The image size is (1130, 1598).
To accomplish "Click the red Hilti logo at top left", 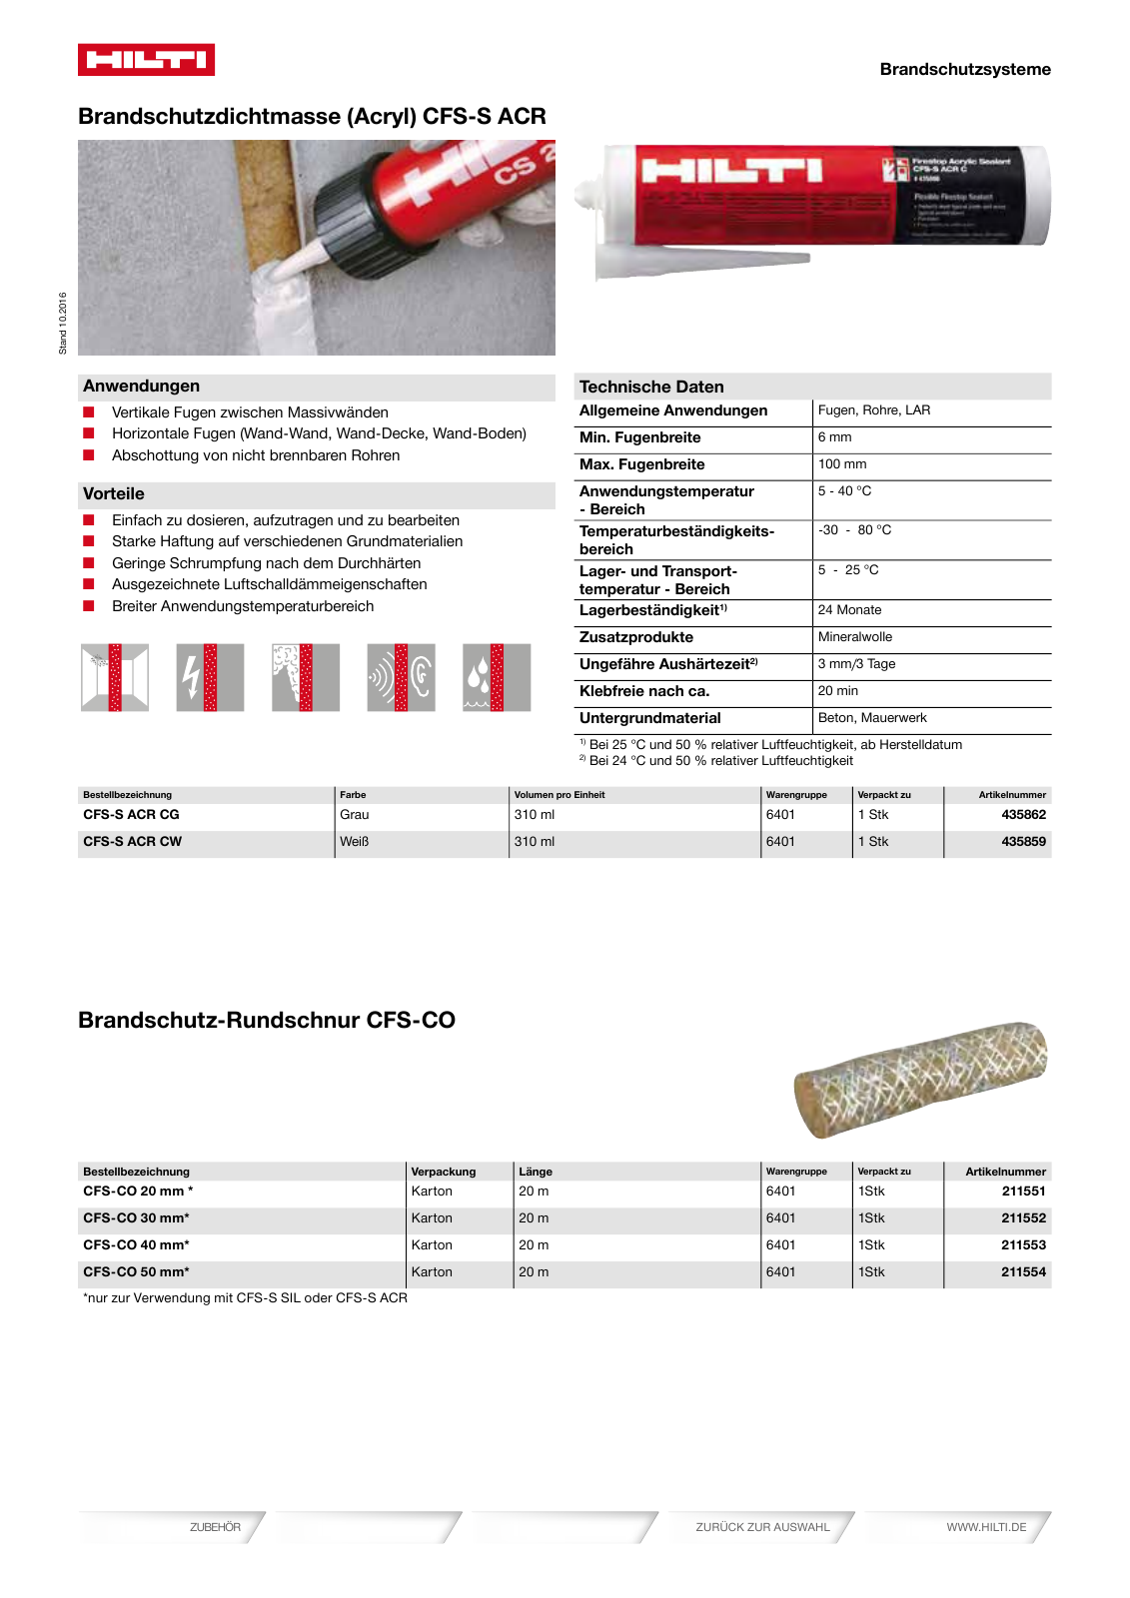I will pyautogui.click(x=146, y=60).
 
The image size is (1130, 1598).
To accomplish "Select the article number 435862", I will pyautogui.click(x=1023, y=815).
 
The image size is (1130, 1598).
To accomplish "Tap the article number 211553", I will pyautogui.click(x=1023, y=1245).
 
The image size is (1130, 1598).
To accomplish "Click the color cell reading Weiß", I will pyautogui.click(x=355, y=842).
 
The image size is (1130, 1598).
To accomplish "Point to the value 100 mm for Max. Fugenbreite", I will pyautogui.click(x=842, y=464).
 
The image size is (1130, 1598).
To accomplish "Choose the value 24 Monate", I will pyautogui.click(x=849, y=610).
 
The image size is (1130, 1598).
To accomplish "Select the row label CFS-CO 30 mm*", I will pyautogui.click(x=136, y=1218).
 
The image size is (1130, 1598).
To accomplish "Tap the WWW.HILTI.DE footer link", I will pyautogui.click(x=986, y=1527).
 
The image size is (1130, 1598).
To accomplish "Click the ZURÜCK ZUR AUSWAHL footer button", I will pyautogui.click(x=762, y=1527).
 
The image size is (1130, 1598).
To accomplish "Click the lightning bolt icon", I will pyautogui.click(x=210, y=677).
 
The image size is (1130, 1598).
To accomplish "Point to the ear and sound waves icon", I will pyautogui.click(x=401, y=677).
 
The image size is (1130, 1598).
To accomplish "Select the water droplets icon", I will pyautogui.click(x=497, y=677).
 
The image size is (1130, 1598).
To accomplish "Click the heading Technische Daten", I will pyautogui.click(x=651, y=387).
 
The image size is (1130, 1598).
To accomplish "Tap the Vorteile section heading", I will pyautogui.click(x=114, y=494).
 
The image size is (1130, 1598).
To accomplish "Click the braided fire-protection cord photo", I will pyautogui.click(x=920, y=1079).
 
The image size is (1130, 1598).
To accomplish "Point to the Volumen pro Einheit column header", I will pyautogui.click(x=560, y=795).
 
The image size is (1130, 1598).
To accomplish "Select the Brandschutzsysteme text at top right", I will pyautogui.click(x=965, y=70).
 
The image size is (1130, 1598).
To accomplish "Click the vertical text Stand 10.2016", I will pyautogui.click(x=63, y=323).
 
